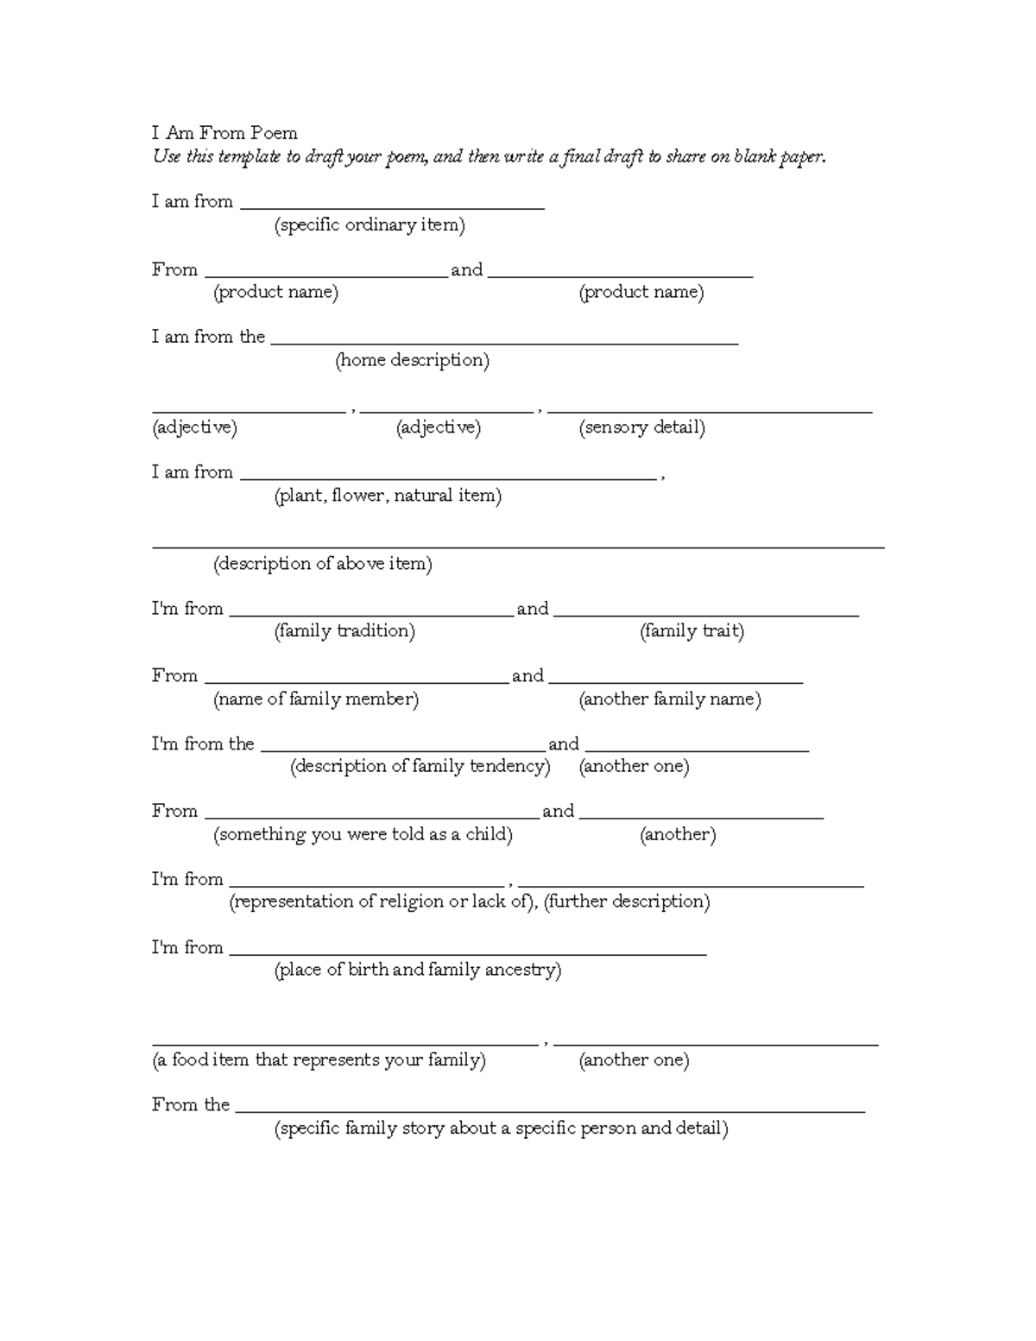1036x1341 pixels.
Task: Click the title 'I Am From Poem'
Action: pyautogui.click(x=224, y=133)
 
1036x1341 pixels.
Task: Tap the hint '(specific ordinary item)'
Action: pyautogui.click(x=370, y=225)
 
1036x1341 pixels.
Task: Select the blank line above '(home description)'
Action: pyautogui.click(x=504, y=342)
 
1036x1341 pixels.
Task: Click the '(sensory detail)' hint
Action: pyautogui.click(x=641, y=427)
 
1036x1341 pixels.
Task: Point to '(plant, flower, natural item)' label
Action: pyautogui.click(x=388, y=496)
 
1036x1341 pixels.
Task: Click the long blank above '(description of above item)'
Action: pyautogui.click(x=518, y=546)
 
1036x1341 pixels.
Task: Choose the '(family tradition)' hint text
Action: pyautogui.click(x=344, y=631)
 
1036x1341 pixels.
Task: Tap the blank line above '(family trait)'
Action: pyautogui.click(x=705, y=614)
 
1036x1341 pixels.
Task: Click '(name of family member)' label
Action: pyautogui.click(x=316, y=699)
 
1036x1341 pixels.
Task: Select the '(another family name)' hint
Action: pyautogui.click(x=670, y=699)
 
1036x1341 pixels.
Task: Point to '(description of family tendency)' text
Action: pyautogui.click(x=420, y=767)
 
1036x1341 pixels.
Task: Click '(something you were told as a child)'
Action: pyautogui.click(x=363, y=835)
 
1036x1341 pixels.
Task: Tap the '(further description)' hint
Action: pyautogui.click(x=627, y=901)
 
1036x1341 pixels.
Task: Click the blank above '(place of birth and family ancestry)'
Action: pyautogui.click(x=467, y=953)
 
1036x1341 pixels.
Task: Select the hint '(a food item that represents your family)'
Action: pyautogui.click(x=319, y=1060)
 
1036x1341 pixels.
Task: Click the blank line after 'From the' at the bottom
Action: pyautogui.click(x=549, y=1111)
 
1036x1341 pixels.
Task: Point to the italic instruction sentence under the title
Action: pyautogui.click(x=489, y=157)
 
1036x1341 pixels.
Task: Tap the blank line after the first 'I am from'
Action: pyautogui.click(x=392, y=207)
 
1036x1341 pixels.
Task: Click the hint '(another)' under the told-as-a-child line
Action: pyautogui.click(x=678, y=835)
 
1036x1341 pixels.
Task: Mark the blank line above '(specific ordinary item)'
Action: pyautogui.click(x=392, y=207)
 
